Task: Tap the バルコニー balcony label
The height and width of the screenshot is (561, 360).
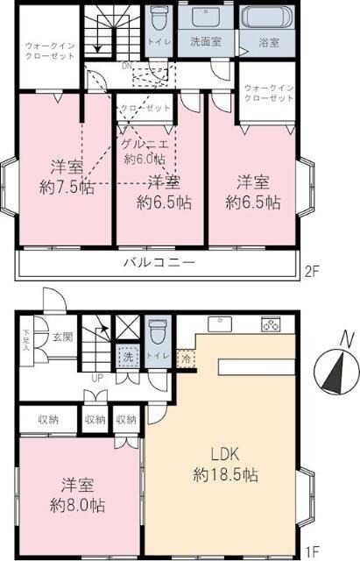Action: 159,262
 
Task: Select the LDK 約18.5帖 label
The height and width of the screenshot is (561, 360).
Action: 225,465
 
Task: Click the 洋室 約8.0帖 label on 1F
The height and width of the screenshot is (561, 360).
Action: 78,495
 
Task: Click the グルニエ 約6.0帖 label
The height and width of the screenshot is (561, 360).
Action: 140,152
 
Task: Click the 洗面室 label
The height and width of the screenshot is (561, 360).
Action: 208,39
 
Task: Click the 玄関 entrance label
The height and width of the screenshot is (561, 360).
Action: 61,337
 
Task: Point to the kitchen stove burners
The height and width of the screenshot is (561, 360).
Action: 269,327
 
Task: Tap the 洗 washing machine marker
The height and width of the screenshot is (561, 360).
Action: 127,358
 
